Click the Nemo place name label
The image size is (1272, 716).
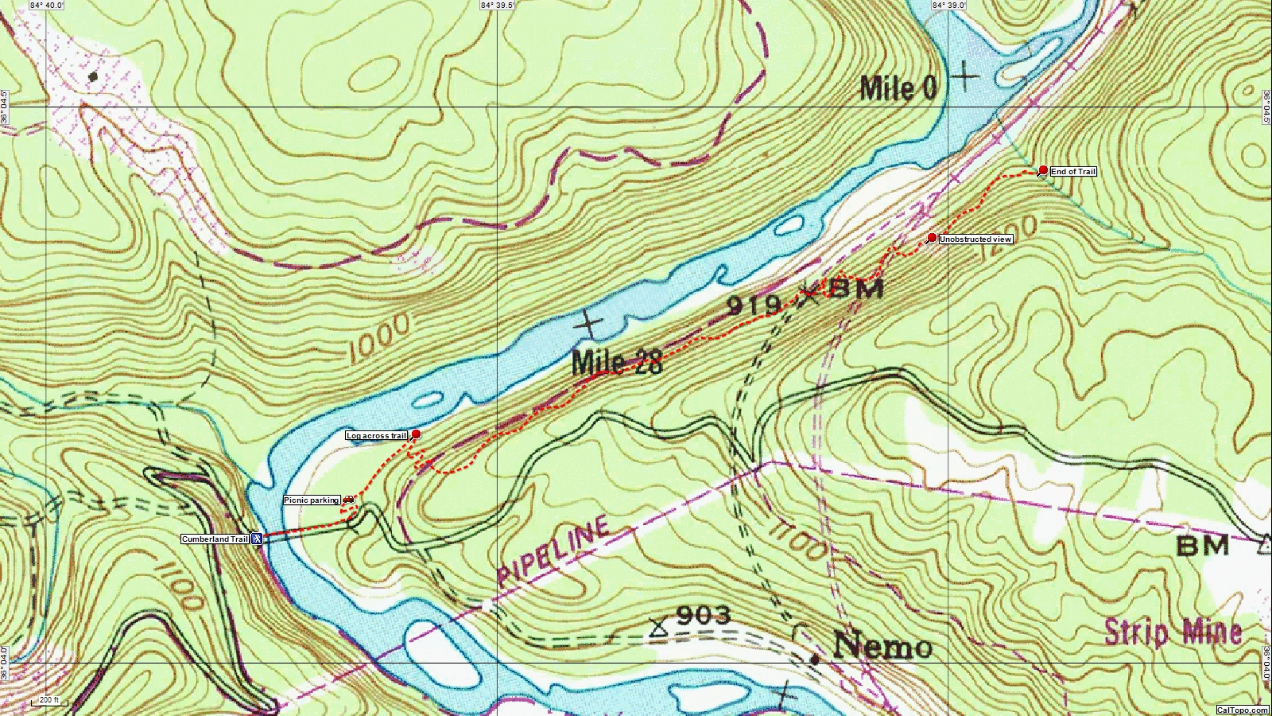click(x=882, y=645)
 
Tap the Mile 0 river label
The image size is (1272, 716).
click(x=898, y=88)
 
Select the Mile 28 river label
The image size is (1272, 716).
click(x=616, y=363)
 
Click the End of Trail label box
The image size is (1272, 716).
click(x=1072, y=172)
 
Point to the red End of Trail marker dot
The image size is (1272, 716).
click(x=1043, y=170)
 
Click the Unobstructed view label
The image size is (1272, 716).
click(x=975, y=239)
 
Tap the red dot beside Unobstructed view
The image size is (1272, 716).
click(x=932, y=238)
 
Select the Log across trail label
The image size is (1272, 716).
click(x=377, y=436)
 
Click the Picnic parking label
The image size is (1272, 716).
click(x=312, y=500)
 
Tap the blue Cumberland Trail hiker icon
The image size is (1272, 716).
click(x=258, y=539)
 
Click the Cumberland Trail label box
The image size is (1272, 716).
click(x=215, y=539)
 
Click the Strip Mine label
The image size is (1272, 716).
click(x=1173, y=632)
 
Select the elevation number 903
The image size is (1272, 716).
click(x=704, y=615)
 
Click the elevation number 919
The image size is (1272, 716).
click(x=753, y=305)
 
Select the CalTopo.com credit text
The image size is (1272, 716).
click(x=1243, y=710)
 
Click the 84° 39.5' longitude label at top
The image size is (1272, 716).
click(x=497, y=5)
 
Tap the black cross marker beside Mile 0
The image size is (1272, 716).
click(x=964, y=77)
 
